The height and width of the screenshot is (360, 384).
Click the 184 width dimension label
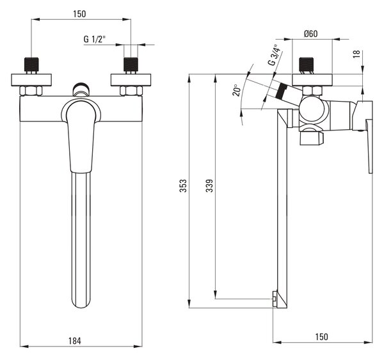coord(75,341)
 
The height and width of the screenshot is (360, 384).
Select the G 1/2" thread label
coord(95,39)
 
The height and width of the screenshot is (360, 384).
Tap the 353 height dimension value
coord(183,185)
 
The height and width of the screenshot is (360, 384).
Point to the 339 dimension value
coord(209,185)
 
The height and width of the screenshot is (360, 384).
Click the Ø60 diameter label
coord(311,33)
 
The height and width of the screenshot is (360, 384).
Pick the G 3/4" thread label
coord(275,55)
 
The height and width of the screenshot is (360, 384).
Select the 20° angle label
coord(237,90)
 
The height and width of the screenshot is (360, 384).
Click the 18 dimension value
coord(357,54)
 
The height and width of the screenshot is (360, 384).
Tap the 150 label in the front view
coord(79,14)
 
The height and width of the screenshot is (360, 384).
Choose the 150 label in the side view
coord(321,337)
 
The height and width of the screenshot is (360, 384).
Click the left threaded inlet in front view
coord(31,65)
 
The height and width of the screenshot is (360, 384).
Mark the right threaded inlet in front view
coord(131,65)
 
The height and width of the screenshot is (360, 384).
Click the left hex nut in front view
coord(31,91)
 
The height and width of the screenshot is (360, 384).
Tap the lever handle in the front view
coord(81,136)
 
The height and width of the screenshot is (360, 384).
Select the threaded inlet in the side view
coord(307,65)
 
